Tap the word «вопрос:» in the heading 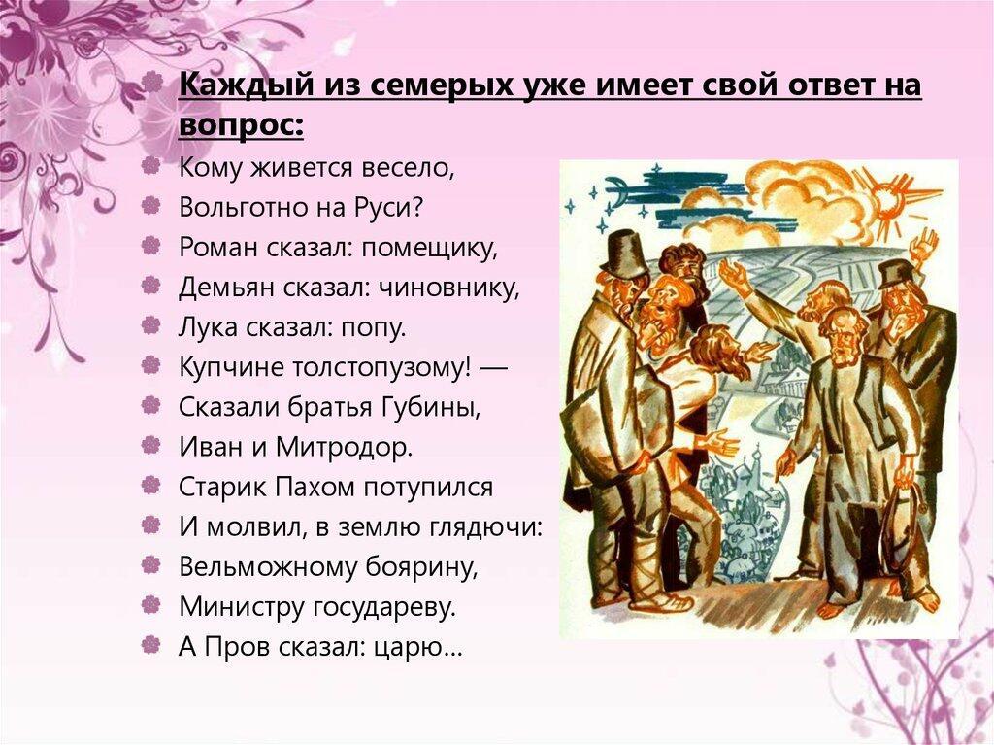(241, 125)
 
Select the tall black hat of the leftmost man (623, 254)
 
